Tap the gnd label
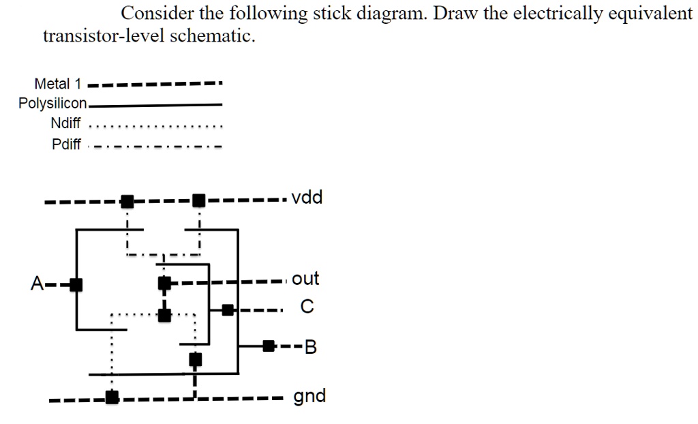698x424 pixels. pos(309,396)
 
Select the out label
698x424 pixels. pos(305,279)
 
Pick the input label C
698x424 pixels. pos(307,309)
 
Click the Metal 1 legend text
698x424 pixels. pos(57,84)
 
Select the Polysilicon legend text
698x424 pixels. pos(52,104)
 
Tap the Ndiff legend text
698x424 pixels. pos(65,124)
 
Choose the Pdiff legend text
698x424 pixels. pos(66,145)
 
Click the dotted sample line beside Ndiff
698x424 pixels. pos(157,126)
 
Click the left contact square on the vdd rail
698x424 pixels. pos(127,200)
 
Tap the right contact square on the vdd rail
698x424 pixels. pos(198,200)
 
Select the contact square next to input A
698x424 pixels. pos(76,284)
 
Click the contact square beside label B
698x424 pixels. pos(269,346)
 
